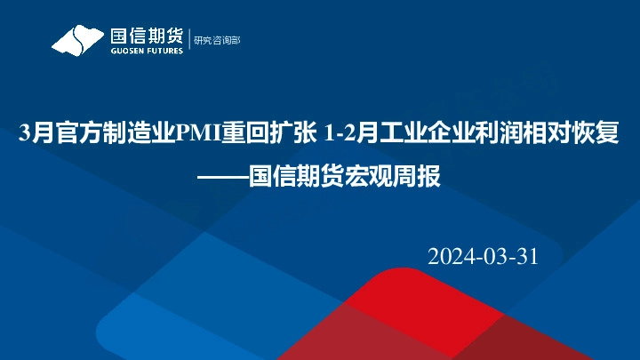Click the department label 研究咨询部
(217, 39)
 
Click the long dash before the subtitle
(222, 176)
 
